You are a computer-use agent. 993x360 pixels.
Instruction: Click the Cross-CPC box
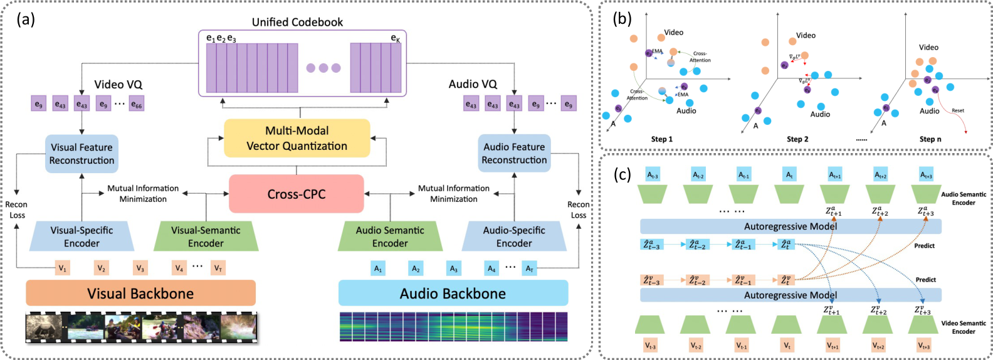(296, 194)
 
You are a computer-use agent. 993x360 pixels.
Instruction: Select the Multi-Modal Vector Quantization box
(297, 139)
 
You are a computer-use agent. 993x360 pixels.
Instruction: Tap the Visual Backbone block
(140, 293)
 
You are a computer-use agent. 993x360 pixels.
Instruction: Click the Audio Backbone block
(453, 293)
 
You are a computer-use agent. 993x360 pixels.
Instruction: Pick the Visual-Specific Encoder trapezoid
(81, 236)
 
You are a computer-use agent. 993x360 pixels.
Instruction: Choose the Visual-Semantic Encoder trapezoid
(206, 236)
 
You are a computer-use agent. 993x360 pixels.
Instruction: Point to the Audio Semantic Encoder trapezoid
(390, 236)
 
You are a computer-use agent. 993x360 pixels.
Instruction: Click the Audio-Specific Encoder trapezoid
(514, 236)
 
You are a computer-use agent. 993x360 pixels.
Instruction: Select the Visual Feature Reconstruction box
(81, 154)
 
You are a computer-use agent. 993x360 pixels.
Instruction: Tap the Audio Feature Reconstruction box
(514, 153)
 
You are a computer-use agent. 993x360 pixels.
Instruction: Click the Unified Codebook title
(297, 22)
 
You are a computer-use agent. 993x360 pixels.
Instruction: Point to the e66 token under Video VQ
(137, 104)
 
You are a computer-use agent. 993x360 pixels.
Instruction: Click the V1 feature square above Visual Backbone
(63, 268)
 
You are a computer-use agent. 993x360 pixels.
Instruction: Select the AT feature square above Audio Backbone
(530, 268)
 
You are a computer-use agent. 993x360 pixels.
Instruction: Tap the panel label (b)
(621, 18)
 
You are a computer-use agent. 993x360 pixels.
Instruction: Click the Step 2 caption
(797, 139)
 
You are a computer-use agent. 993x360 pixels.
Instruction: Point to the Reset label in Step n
(958, 110)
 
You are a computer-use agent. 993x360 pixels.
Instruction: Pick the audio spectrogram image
(453, 327)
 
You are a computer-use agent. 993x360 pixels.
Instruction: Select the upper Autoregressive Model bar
(791, 226)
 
